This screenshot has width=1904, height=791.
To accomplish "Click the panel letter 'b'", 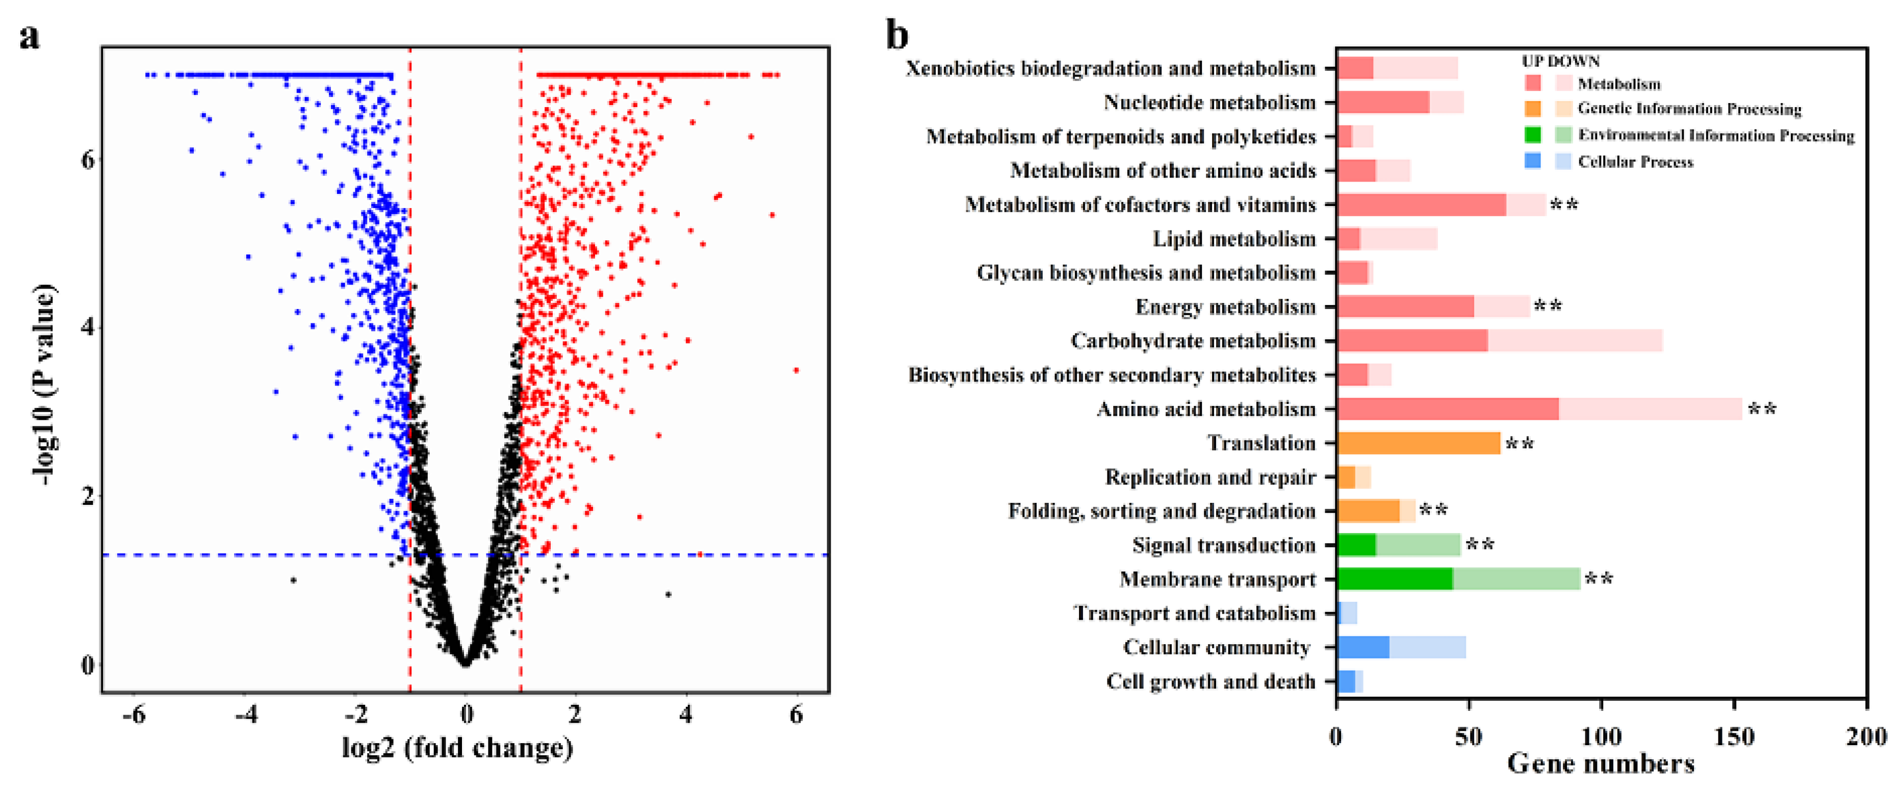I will tap(896, 36).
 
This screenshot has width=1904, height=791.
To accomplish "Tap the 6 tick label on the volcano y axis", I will tap(87, 159).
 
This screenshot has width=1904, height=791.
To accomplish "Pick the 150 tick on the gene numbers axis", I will tap(1733, 736).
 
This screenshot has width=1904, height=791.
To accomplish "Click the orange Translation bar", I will tap(1418, 443).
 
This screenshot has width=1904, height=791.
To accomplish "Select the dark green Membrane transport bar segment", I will tap(1394, 579).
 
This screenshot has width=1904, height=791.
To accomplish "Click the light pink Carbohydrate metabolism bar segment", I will tap(1575, 341).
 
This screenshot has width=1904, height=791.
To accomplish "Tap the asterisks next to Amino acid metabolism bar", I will tap(1761, 409).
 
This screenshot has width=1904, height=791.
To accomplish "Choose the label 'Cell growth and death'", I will tap(1210, 681).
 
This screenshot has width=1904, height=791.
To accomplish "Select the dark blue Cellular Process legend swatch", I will tap(1532, 161).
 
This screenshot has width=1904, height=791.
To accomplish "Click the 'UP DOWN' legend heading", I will tap(1560, 61).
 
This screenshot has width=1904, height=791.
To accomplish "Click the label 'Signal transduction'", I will tap(1223, 545).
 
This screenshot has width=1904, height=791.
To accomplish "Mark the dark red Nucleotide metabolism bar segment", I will tap(1382, 102).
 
